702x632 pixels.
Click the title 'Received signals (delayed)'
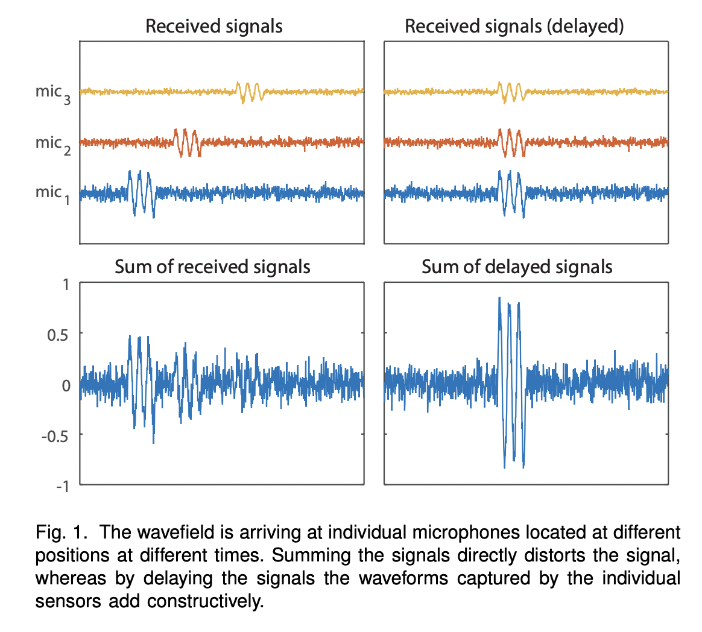point(514,27)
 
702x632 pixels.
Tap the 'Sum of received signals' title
point(212,267)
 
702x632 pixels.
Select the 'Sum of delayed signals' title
point(517,267)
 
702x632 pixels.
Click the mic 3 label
point(53,93)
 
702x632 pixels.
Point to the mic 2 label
point(53,144)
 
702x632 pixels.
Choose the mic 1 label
point(53,194)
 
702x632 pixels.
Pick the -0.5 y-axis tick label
point(56,435)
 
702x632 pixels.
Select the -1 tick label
point(62,486)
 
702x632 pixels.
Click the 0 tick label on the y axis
point(66,385)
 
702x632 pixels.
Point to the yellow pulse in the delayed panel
point(511,92)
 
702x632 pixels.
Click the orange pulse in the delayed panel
point(511,142)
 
